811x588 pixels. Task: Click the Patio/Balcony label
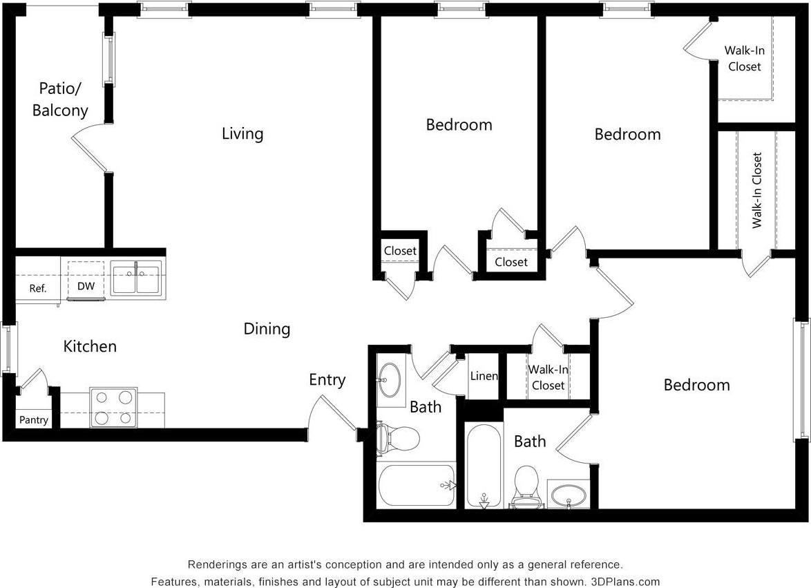pos(60,99)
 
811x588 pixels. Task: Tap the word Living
pos(242,133)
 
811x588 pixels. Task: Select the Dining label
pos(267,329)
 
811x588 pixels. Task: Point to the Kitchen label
pos(90,346)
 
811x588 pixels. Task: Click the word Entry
pos(327,380)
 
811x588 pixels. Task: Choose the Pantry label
pos(33,419)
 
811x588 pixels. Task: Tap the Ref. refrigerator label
pos(38,288)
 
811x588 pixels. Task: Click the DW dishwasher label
pos(86,285)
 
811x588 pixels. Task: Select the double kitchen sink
pos(136,279)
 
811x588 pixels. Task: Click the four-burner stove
pos(113,408)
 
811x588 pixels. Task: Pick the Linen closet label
pos(484,376)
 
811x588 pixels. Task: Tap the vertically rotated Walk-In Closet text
pos(757,190)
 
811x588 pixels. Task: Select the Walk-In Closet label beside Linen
pos(548,377)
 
